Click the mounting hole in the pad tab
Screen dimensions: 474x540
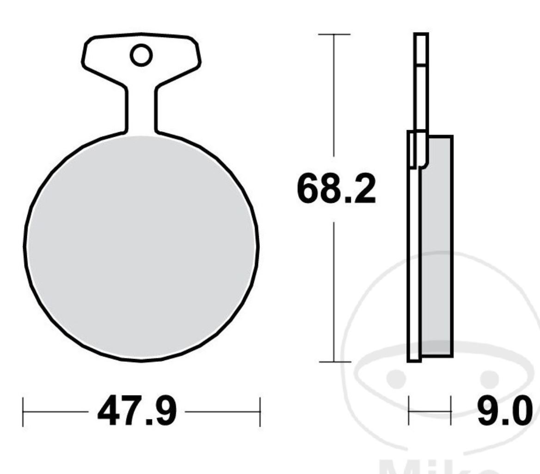[x=141, y=55]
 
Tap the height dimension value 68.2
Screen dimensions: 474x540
[x=336, y=188]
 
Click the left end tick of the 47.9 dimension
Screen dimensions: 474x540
[x=23, y=411]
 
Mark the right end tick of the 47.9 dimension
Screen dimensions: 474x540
[x=260, y=411]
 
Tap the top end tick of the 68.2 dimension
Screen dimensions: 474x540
[x=334, y=34]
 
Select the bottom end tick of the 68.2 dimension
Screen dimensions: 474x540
[x=334, y=362]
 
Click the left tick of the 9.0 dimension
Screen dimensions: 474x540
[x=409, y=411]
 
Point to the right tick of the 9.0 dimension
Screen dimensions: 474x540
[x=450, y=411]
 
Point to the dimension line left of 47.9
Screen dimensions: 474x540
[x=55, y=411]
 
